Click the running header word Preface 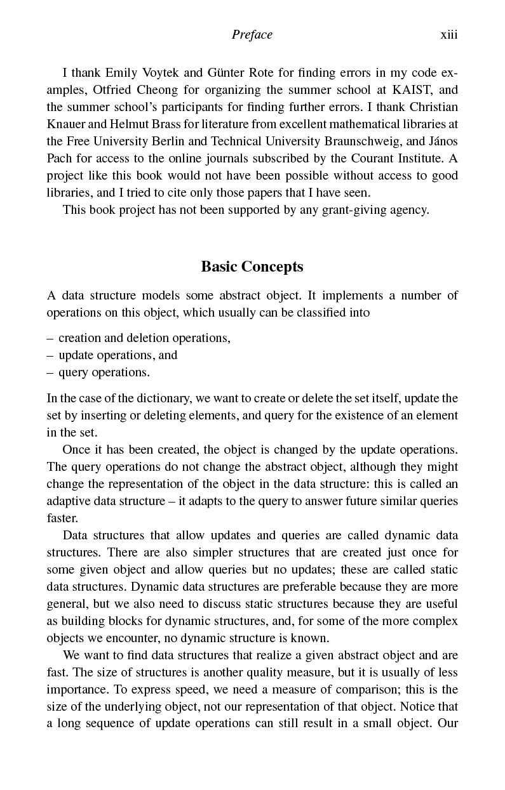[x=252, y=35]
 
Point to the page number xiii [x=449, y=35]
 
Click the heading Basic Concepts [x=252, y=267]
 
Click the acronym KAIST [x=403, y=89]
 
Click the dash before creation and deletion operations [x=50, y=338]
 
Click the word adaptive [x=68, y=501]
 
